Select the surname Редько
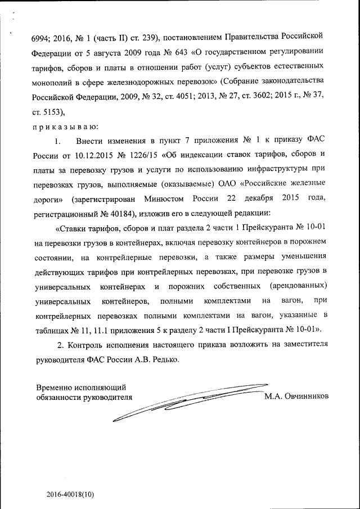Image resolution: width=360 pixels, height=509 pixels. click(166, 359)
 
